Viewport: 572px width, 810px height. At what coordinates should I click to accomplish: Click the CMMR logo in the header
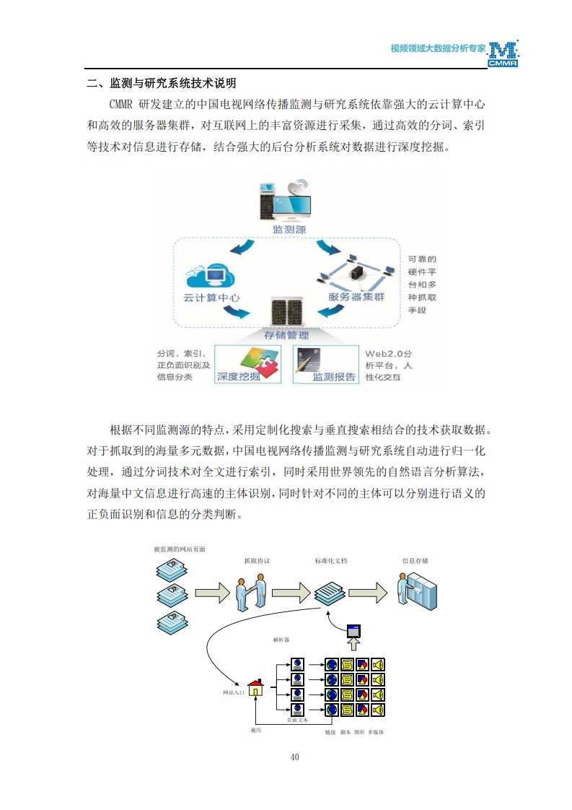(503, 55)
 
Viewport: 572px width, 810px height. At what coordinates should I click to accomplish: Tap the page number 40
(294, 757)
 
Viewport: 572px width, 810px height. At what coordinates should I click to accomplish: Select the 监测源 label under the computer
(289, 230)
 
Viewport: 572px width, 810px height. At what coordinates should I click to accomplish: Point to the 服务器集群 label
(356, 297)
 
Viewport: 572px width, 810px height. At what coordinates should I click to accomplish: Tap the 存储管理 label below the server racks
(286, 335)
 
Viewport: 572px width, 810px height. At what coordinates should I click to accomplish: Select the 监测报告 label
(333, 377)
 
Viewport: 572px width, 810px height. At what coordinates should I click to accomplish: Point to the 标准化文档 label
(330, 560)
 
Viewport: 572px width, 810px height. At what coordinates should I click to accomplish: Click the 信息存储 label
(415, 560)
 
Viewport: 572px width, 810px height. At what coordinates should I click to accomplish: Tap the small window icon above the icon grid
(353, 630)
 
